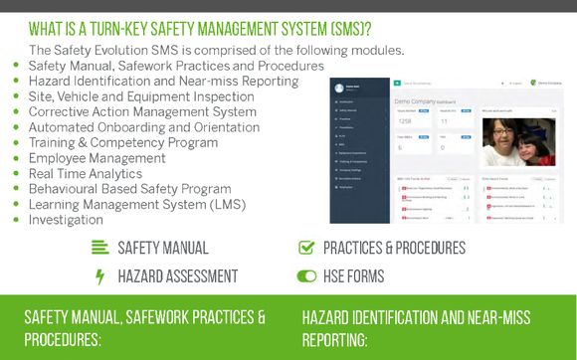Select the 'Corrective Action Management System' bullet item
pyautogui.click(x=143, y=112)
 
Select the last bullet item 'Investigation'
pyautogui.click(x=66, y=220)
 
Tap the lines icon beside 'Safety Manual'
pyautogui.click(x=99, y=248)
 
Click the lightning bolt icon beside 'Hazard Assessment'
pyautogui.click(x=99, y=275)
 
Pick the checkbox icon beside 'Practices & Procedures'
pyautogui.click(x=306, y=248)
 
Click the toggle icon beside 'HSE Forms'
pyautogui.click(x=306, y=275)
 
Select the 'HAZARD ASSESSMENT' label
pyautogui.click(x=178, y=275)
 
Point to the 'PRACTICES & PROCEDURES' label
pyautogui.click(x=394, y=248)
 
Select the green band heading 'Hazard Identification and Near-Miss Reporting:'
pyautogui.click(x=416, y=328)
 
